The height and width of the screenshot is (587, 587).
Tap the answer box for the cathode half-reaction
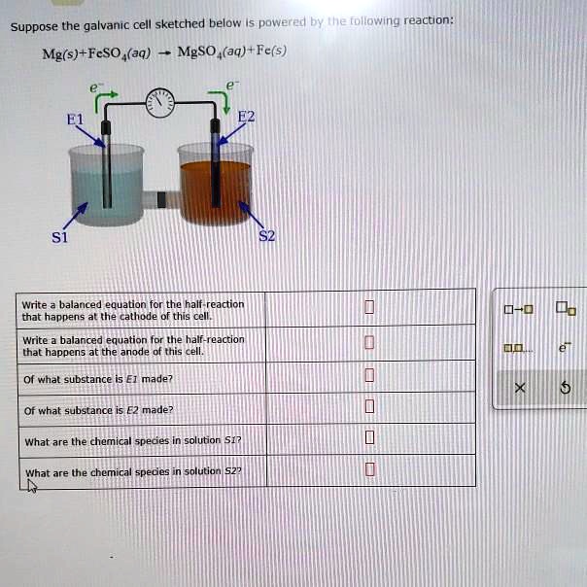pos(368,309)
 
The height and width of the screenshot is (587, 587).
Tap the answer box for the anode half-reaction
pos(368,342)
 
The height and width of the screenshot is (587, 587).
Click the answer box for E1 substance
pos(368,375)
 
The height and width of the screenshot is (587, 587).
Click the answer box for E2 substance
pos(368,406)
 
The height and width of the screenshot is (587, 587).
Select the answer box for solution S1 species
pos(368,438)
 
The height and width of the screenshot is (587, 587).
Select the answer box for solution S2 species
pos(368,470)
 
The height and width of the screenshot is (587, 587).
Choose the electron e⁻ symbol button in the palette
pos(566,345)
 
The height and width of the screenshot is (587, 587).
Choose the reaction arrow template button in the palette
pos(519,311)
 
